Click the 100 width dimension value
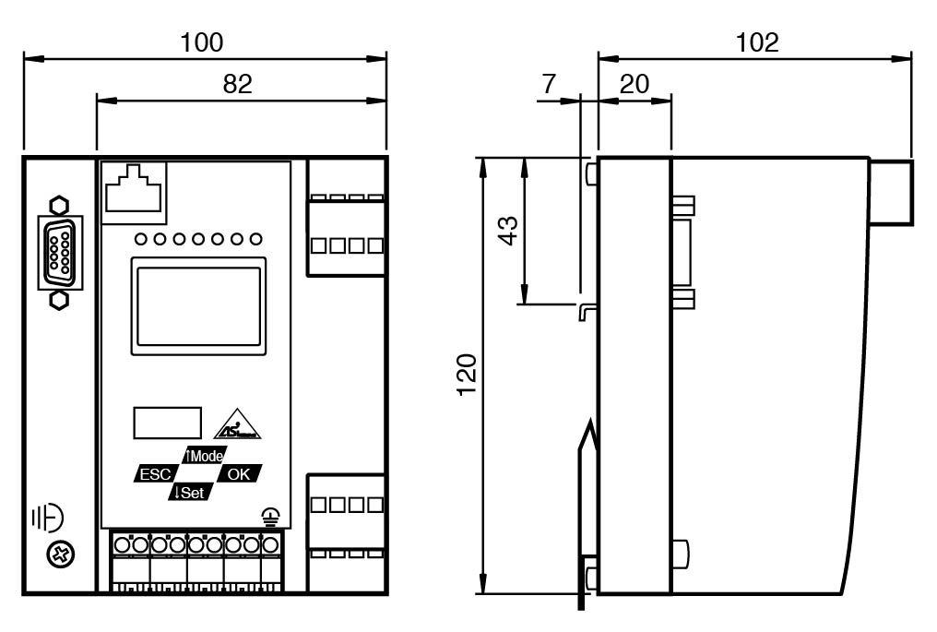tap(202, 42)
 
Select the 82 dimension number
tap(237, 84)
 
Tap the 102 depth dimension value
tap(757, 42)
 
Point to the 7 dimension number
tap(549, 84)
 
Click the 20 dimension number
tap(634, 84)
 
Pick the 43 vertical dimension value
tap(508, 231)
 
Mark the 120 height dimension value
tap(468, 375)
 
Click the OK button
tap(239, 474)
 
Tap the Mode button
tap(205, 456)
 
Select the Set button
tap(191, 493)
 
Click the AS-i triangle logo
tap(238, 424)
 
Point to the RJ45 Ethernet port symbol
tap(133, 188)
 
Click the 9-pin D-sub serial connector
tap(60, 253)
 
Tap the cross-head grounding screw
tap(60, 554)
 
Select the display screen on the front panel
tap(198, 306)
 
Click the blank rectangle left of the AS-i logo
tap(167, 423)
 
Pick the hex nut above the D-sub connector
tap(59, 206)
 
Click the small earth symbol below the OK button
tap(271, 518)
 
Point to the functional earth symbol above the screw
tap(48, 518)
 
